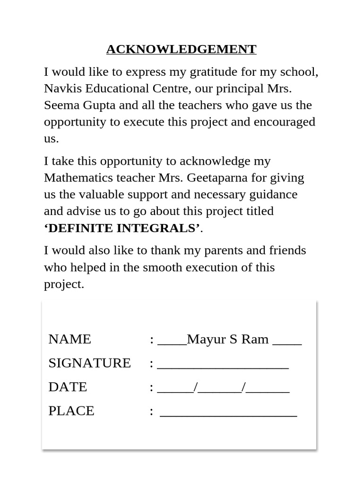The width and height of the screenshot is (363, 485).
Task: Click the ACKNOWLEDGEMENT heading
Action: [x=181, y=49]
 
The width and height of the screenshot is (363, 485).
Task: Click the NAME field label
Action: [x=70, y=339]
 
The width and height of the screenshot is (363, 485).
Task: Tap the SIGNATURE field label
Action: [x=89, y=363]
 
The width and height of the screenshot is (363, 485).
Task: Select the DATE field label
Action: [x=68, y=387]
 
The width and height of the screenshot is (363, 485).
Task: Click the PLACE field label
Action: [x=71, y=411]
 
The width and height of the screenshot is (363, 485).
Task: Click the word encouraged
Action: [x=285, y=122]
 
